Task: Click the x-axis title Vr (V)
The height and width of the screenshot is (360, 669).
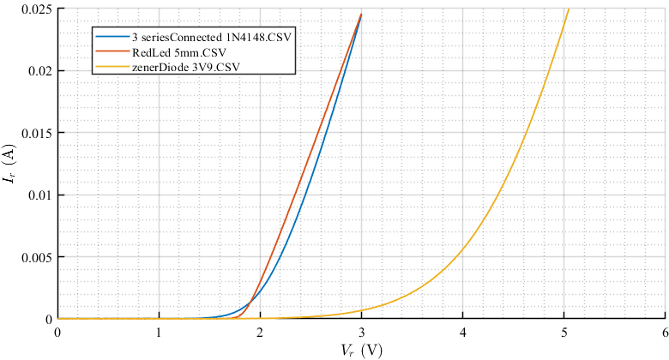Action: pyautogui.click(x=361, y=350)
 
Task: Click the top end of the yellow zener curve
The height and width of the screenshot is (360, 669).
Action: pyautogui.click(x=568, y=9)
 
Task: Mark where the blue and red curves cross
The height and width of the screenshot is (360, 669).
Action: pyautogui.click(x=250, y=303)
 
